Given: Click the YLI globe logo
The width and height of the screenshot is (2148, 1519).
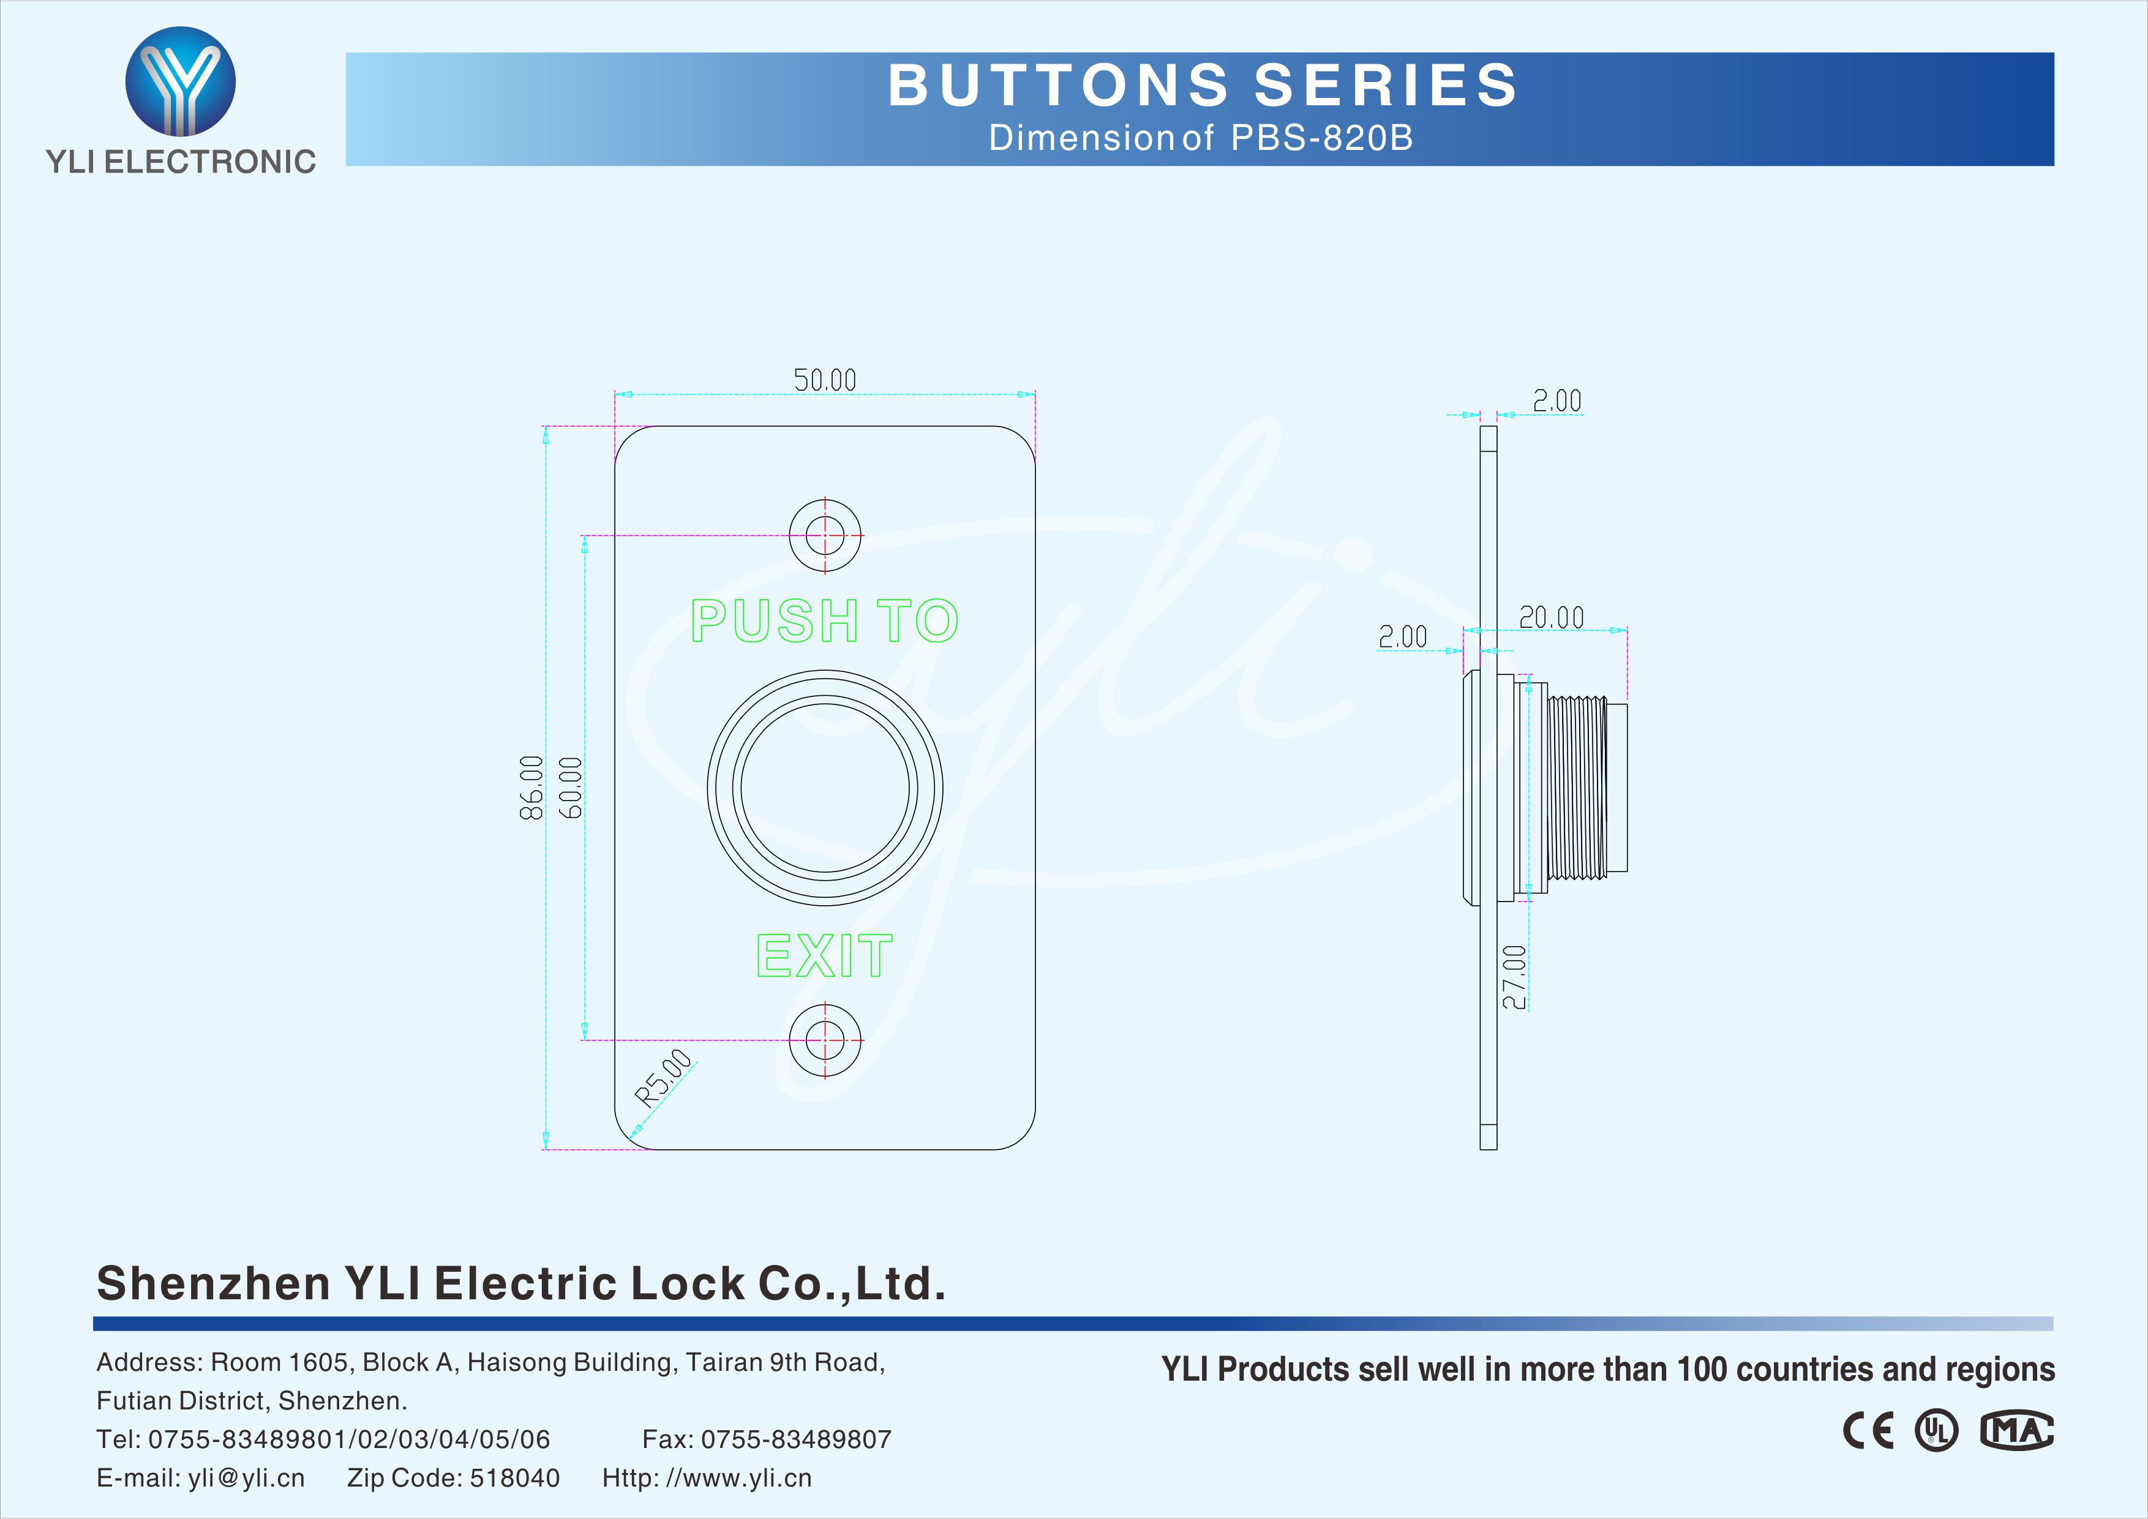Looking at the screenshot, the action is coord(181,81).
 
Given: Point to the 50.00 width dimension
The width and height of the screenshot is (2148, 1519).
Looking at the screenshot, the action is coord(825,379).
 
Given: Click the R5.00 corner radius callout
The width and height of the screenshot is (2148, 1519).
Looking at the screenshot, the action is coord(663,1078).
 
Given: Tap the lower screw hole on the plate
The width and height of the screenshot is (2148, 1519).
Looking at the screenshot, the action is coord(825,1039).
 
